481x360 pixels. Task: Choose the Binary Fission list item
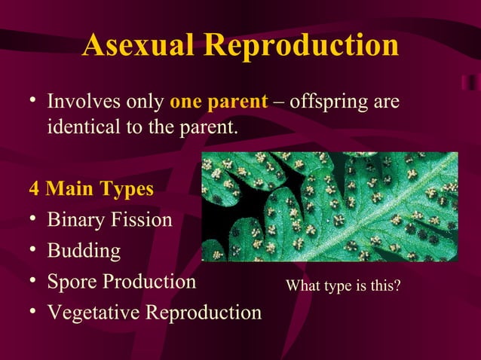pyautogui.click(x=109, y=221)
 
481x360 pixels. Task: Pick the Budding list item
pyautogui.click(x=84, y=251)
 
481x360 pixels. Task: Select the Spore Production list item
pyautogui.click(x=121, y=282)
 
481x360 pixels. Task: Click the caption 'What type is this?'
pyautogui.click(x=343, y=286)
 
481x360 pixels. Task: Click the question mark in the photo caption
pyautogui.click(x=397, y=286)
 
